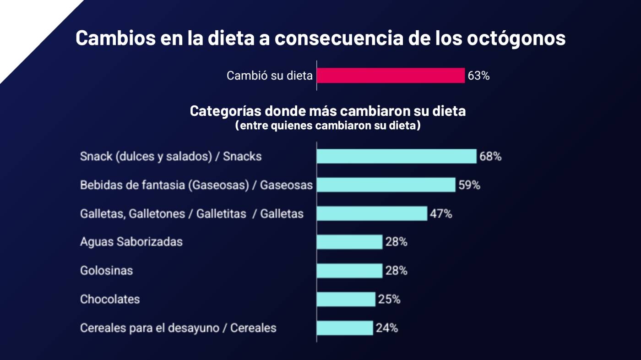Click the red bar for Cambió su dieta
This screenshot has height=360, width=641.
(x=391, y=76)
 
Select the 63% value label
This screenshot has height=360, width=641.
(x=478, y=76)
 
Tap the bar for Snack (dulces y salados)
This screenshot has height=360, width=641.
(x=396, y=156)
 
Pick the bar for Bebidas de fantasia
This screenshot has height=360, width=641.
(x=386, y=185)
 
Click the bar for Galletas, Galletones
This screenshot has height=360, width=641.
(x=371, y=213)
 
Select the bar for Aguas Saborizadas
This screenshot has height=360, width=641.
(x=349, y=242)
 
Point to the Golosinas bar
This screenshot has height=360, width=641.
(x=349, y=271)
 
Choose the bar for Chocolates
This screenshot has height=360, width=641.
(x=346, y=299)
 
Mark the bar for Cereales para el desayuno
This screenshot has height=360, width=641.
(x=344, y=328)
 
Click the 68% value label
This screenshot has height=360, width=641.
(x=490, y=157)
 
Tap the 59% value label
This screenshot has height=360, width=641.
(x=469, y=185)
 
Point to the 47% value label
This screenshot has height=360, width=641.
(x=441, y=214)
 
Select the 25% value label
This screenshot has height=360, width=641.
(x=389, y=300)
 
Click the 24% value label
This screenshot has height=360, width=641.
(x=387, y=328)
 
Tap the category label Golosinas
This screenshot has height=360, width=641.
(x=106, y=271)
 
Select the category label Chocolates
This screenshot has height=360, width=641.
(x=110, y=300)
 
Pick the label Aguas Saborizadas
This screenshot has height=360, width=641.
(x=131, y=242)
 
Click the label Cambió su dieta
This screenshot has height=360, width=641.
(x=269, y=76)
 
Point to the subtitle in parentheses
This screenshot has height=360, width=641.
(x=327, y=126)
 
